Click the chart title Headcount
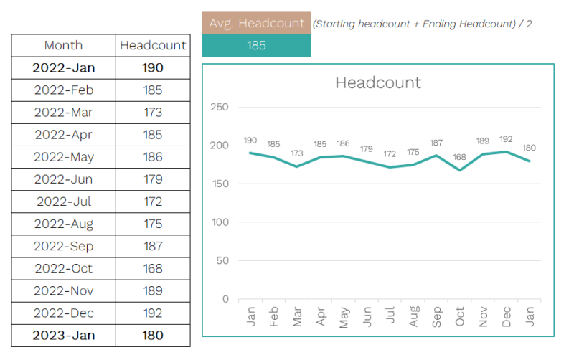(x=378, y=82)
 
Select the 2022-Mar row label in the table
(x=63, y=113)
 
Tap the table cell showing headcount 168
(x=152, y=268)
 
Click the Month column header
(x=63, y=46)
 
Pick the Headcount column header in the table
(x=153, y=46)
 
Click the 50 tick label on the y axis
(x=222, y=260)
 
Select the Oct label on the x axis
(x=460, y=316)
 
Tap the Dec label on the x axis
(x=506, y=316)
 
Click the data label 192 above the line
(x=506, y=140)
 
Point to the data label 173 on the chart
(x=296, y=154)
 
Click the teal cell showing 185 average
(x=256, y=46)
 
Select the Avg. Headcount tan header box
(x=256, y=23)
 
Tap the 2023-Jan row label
(x=63, y=336)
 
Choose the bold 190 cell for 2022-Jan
(x=152, y=68)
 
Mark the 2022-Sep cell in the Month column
(x=63, y=246)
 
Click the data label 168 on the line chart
(x=460, y=158)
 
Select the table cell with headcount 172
(x=152, y=202)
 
